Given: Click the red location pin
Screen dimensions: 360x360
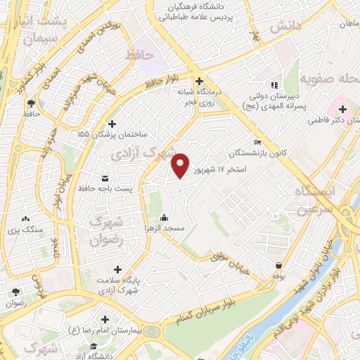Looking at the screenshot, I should click(181, 165).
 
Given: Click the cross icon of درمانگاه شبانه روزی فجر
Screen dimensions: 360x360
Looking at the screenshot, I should click(200, 80).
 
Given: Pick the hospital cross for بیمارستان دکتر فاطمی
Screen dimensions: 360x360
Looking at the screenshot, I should click(342, 110).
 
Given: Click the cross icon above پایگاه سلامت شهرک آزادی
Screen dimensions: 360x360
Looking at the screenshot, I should click(117, 269).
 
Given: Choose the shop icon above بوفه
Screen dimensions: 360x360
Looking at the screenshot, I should click(280, 266).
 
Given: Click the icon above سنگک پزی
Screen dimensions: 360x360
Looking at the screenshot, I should click(26, 219).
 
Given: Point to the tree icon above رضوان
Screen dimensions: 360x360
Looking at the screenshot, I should click(15, 292).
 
